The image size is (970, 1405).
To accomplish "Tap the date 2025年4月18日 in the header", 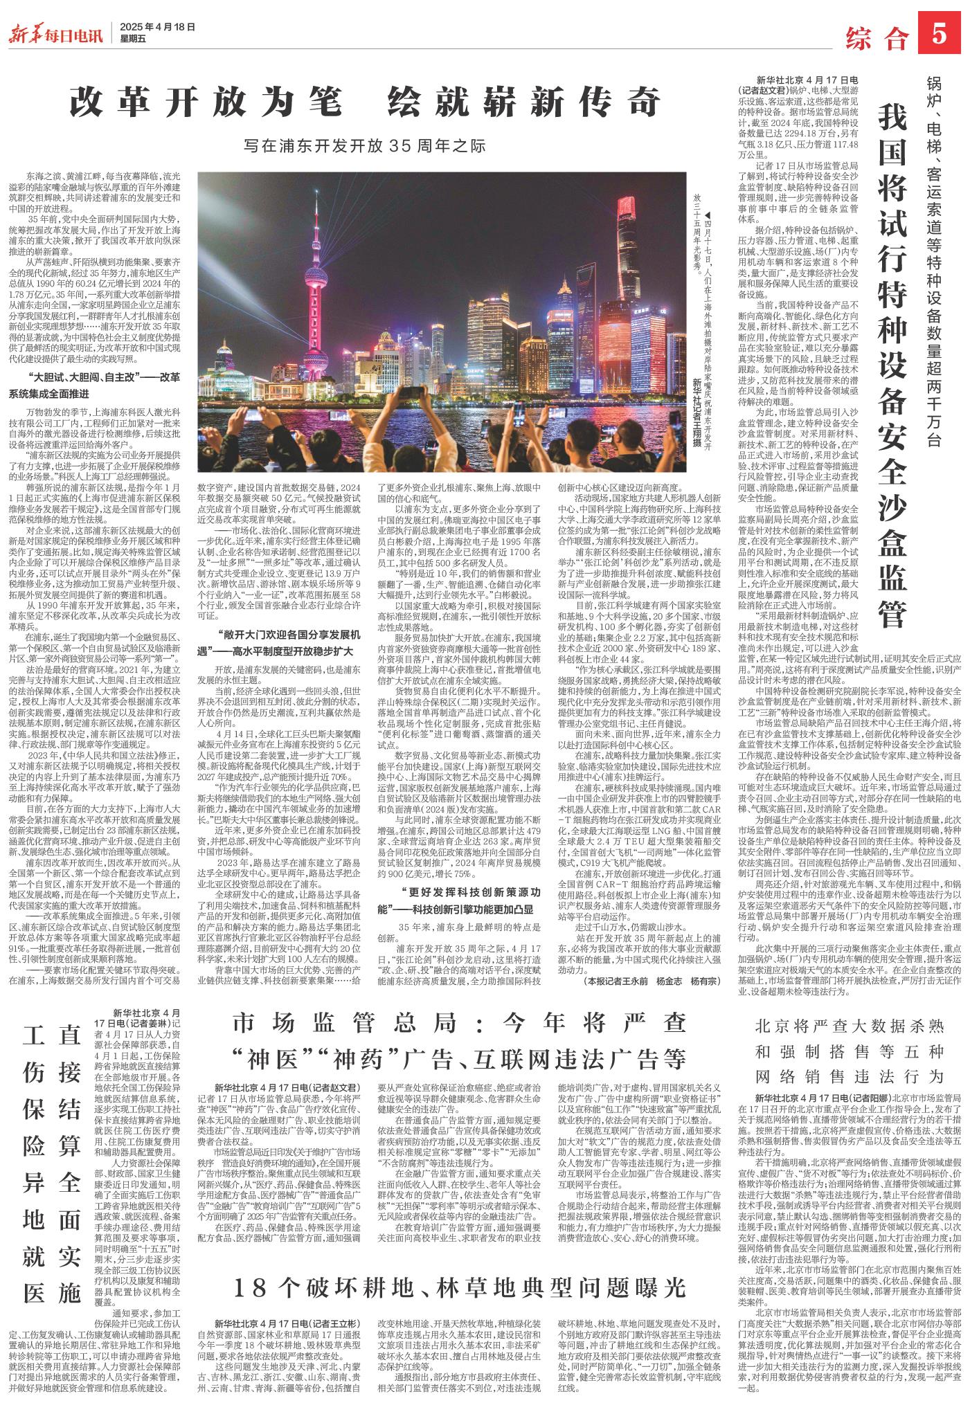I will (x=157, y=27).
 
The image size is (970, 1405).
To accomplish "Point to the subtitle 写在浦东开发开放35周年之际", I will (x=365, y=147).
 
